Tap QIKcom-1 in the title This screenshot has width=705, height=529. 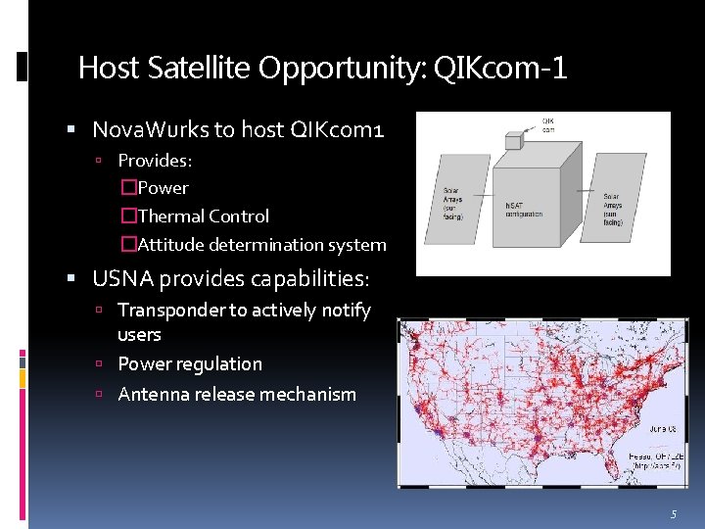click(x=512, y=68)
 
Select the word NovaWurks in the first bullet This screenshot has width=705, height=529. click(x=148, y=129)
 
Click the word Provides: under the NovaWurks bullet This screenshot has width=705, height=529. click(x=155, y=160)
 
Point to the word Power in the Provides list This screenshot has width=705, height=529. click(x=164, y=188)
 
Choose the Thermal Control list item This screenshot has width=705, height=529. click(x=204, y=216)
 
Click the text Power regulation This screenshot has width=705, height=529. click(x=190, y=364)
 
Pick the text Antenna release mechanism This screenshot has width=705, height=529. click(x=237, y=395)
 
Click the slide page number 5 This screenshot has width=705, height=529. click(x=673, y=514)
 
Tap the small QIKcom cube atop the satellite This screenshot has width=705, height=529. click(x=513, y=141)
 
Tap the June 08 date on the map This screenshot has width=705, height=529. click(x=637, y=428)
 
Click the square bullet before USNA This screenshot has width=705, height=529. click(x=71, y=279)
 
